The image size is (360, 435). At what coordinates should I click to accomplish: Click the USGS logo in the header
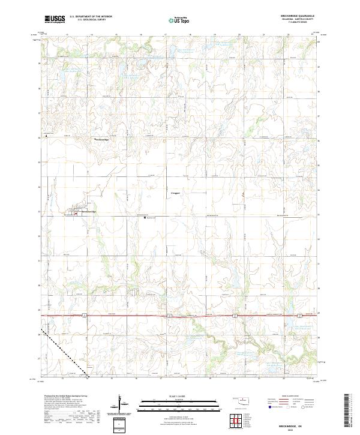[x=55, y=19]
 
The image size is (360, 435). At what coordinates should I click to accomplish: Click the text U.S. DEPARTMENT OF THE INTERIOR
[x=91, y=16]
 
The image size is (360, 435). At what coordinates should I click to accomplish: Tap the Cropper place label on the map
[x=175, y=193]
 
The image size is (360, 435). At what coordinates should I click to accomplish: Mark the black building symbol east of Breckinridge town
[x=145, y=218]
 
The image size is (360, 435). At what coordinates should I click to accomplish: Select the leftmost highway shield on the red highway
[x=86, y=314]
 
